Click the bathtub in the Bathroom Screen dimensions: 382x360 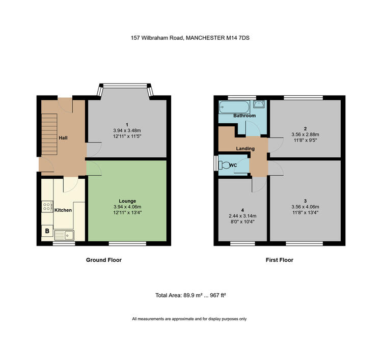click(234, 107)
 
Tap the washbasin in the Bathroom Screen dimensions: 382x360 click(258, 104)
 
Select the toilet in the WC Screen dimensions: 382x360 click(224, 165)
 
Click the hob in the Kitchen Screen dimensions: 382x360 click(47, 206)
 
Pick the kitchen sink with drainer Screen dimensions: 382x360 click(64, 235)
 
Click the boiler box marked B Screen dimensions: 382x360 click(47, 231)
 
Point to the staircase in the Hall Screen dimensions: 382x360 click(49, 134)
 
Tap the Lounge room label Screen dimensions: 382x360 click(127, 201)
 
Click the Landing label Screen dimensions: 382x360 click(245, 149)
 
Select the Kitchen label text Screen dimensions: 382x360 click(63, 210)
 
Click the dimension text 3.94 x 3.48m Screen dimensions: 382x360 click(127, 130)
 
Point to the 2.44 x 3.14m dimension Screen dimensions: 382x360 click(242, 216)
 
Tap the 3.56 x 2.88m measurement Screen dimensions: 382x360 click(305, 134)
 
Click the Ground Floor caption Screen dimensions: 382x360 click(104, 260)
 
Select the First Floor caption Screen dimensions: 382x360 click(280, 260)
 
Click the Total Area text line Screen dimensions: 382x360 click(191, 295)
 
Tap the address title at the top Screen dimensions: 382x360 click(190, 38)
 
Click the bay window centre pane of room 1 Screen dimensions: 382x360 click(125, 86)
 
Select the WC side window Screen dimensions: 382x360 click(215, 163)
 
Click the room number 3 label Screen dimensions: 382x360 click(305, 201)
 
